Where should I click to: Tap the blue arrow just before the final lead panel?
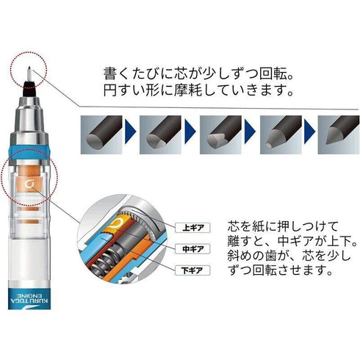[x=299, y=132]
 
